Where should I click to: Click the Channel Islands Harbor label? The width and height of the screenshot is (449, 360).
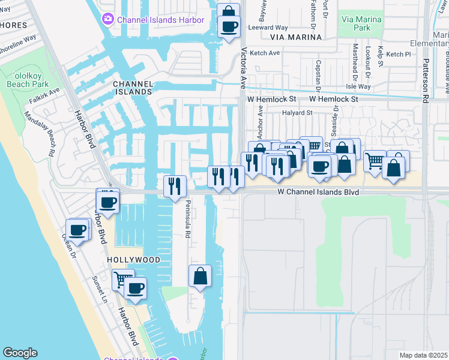coord(161,20)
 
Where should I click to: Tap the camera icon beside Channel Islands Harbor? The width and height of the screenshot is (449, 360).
coord(108,19)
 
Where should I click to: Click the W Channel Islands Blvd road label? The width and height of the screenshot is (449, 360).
coord(318,192)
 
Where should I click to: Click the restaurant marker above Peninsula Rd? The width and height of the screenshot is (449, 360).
coord(175,186)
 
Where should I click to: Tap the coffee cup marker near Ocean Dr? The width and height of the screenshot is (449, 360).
coord(78,230)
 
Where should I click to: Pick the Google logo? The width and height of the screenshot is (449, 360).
coord(20,353)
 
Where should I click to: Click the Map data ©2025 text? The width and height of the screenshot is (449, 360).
coord(423,355)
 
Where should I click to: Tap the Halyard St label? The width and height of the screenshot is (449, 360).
coord(298,112)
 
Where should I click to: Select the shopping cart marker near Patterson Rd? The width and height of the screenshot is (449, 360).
coord(375,161)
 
